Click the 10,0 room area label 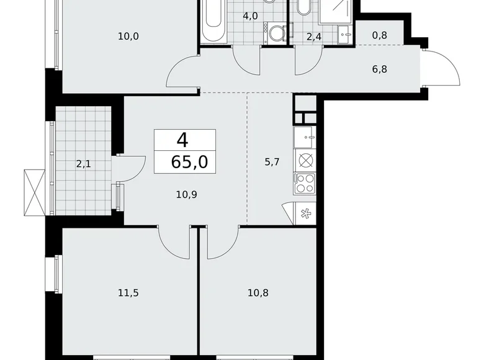click(128, 36)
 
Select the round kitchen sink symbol click(305, 160)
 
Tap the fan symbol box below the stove click(305, 214)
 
